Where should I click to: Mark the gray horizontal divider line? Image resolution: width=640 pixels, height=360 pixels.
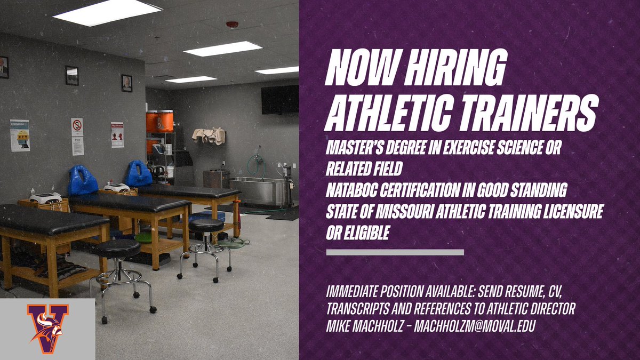tap(395, 252)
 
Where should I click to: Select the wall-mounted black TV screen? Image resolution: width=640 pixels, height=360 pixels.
tap(280, 99)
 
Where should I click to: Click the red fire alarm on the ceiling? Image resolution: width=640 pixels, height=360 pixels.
tap(231, 25)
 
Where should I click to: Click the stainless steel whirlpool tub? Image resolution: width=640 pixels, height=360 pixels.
tap(259, 191)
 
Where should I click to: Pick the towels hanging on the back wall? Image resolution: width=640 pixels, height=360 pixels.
tap(209, 135)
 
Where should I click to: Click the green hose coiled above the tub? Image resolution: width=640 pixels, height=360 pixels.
tap(258, 163)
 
